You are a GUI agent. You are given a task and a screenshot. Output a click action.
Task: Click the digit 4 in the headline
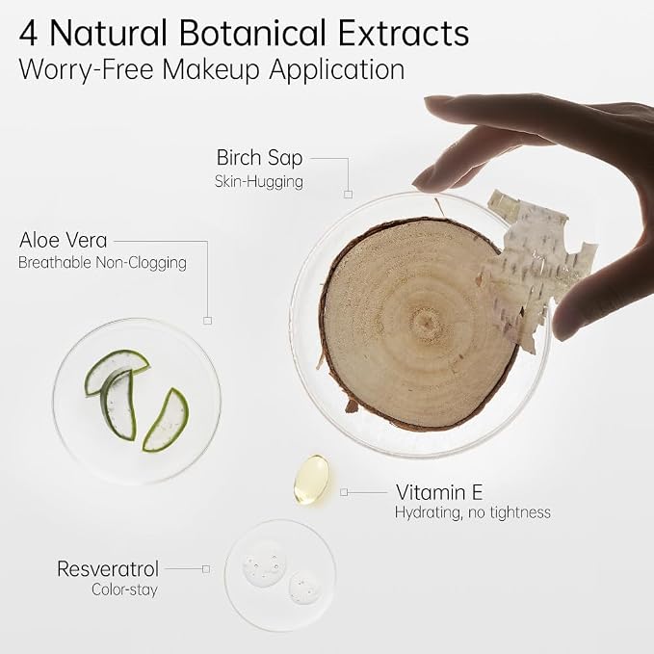click(x=29, y=33)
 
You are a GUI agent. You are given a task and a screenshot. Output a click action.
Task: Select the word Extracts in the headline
click(x=404, y=33)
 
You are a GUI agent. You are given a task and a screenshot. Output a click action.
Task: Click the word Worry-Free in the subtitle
click(x=87, y=69)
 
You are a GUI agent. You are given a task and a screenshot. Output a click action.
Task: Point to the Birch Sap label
click(x=259, y=159)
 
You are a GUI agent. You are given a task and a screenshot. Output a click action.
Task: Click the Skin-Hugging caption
click(x=258, y=182)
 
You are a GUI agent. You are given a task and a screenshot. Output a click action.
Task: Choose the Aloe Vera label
click(x=63, y=240)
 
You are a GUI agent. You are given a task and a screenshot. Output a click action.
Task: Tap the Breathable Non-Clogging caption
click(x=102, y=263)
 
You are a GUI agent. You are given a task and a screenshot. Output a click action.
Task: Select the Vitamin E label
click(x=439, y=492)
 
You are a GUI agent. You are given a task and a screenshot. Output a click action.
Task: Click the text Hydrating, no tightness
click(x=473, y=512)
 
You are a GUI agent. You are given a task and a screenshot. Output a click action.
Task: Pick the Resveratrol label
click(x=108, y=569)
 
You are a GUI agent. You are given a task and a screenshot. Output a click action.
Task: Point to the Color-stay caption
click(x=124, y=589)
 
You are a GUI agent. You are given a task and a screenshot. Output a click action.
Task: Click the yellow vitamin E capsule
click(x=311, y=480)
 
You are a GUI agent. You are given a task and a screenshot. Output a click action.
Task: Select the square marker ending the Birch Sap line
click(x=349, y=195)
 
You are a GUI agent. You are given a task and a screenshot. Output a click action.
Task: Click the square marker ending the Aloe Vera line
click(x=207, y=321)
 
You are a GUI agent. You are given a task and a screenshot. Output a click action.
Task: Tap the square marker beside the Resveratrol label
click(x=206, y=569)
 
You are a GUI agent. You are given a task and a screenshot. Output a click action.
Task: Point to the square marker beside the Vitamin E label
click(x=344, y=492)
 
